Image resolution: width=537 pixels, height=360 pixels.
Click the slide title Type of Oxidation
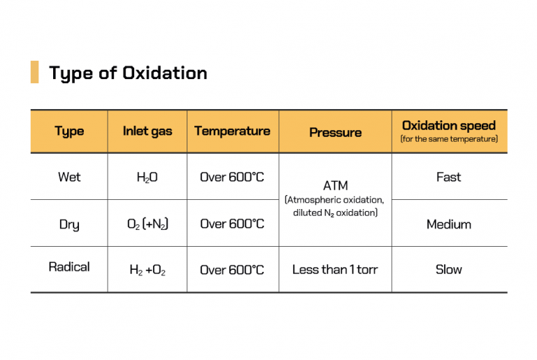[x=128, y=73]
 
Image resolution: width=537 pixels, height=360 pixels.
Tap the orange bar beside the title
[x=34, y=72]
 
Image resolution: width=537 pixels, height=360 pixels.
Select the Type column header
[x=69, y=131]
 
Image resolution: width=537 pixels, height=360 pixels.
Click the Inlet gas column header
[x=147, y=131]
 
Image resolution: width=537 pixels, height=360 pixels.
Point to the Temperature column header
[x=232, y=131]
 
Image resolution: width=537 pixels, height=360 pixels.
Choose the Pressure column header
[x=335, y=132]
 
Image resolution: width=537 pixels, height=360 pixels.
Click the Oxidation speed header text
[x=449, y=126]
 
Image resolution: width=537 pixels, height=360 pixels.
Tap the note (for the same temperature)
[x=449, y=140]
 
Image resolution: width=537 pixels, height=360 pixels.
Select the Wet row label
[x=69, y=177]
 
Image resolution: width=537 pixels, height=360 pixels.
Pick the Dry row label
[x=69, y=224]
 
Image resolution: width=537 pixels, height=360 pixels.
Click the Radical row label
[x=69, y=267]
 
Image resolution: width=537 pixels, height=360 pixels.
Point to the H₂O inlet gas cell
[x=147, y=178]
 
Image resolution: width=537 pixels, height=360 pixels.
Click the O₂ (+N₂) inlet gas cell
[x=147, y=224]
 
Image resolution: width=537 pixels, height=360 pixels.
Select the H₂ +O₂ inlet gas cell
[x=147, y=270]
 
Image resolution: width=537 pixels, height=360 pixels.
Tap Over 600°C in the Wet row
[x=232, y=178]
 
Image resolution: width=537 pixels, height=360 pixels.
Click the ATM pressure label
[x=335, y=187]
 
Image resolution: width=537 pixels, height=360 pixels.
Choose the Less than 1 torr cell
[x=335, y=269]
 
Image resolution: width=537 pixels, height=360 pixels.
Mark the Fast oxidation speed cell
[x=449, y=177]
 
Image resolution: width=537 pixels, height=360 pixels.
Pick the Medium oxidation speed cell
[x=449, y=224]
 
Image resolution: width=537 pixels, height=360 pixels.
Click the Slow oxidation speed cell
[x=449, y=269]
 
